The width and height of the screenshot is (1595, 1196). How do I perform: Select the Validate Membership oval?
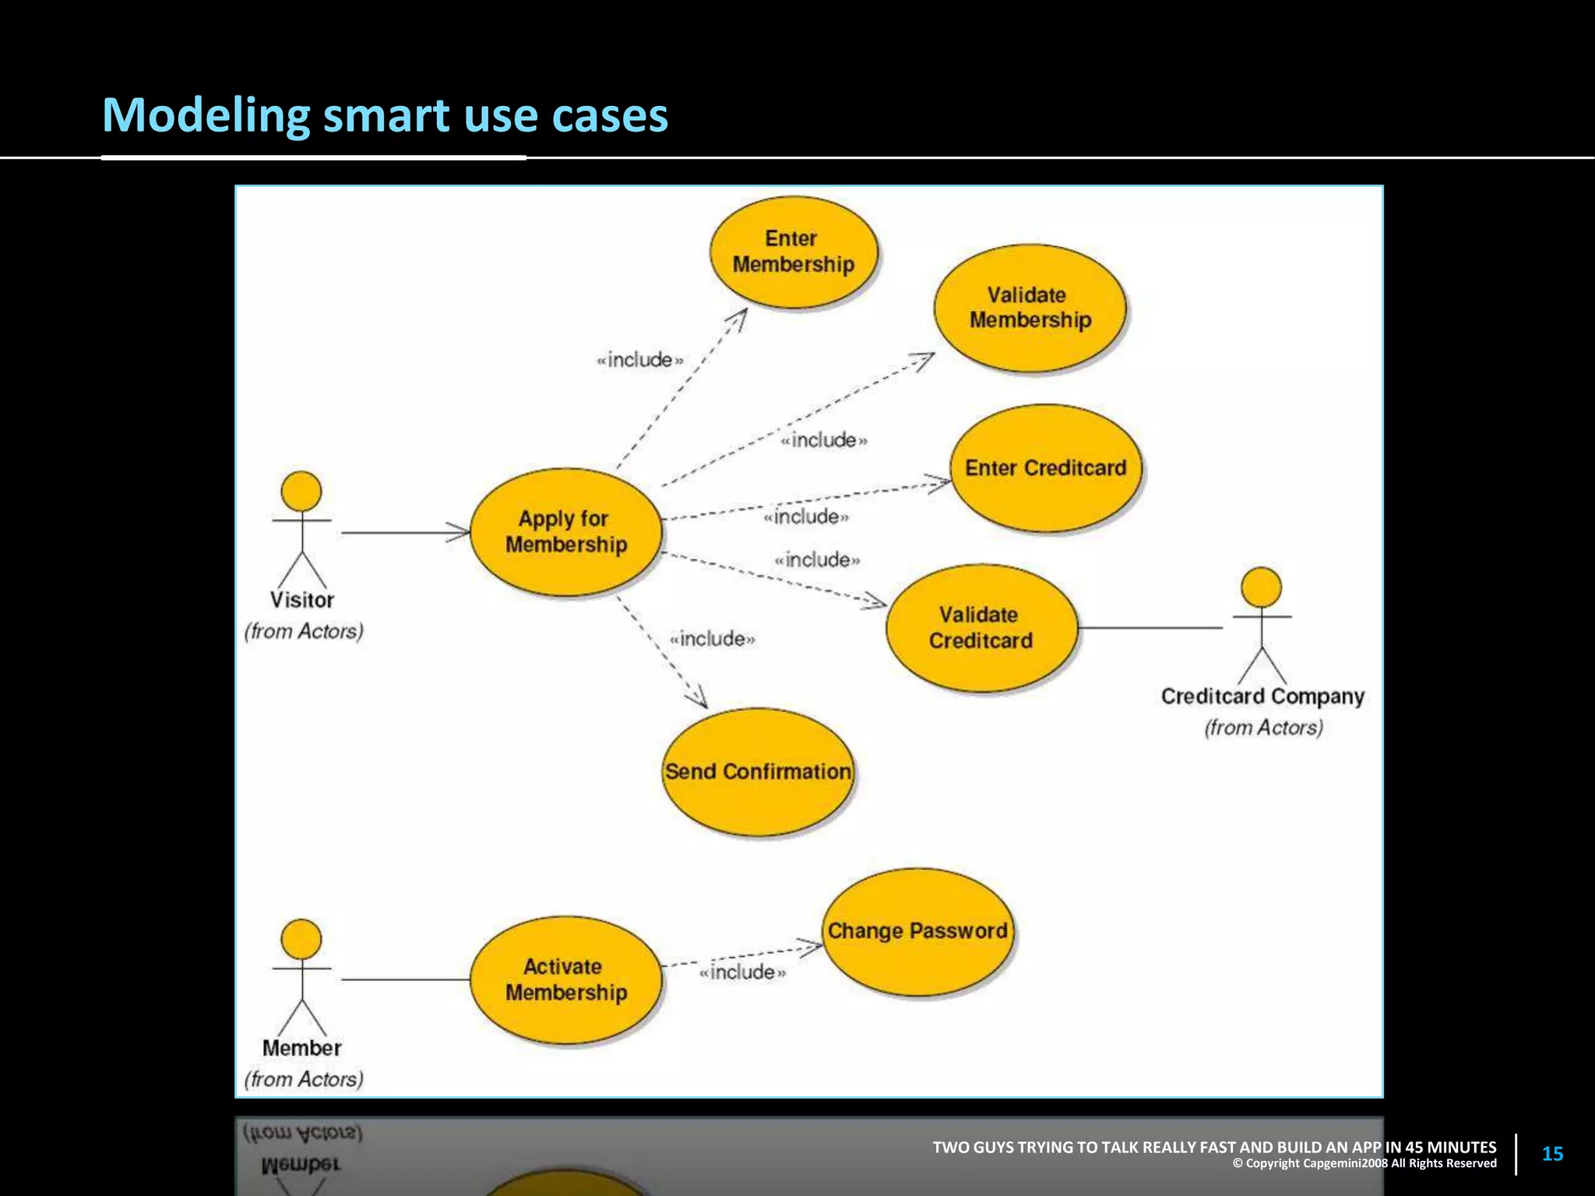[1030, 308]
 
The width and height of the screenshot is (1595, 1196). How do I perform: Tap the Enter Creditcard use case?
[1046, 468]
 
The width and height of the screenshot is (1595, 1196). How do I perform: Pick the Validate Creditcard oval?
[981, 628]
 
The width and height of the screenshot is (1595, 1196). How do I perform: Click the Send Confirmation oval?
[758, 772]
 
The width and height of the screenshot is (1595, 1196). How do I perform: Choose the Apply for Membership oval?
[566, 532]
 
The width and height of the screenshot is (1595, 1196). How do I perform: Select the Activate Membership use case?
[566, 980]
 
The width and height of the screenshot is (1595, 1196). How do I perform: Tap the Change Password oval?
[918, 931]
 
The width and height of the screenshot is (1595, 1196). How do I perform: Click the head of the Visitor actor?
[301, 492]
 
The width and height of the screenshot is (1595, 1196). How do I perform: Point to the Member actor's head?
[301, 939]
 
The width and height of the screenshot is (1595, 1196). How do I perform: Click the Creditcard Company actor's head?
[1262, 588]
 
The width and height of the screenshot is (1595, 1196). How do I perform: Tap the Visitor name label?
[302, 600]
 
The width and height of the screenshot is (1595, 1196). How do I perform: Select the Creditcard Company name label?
[1262, 696]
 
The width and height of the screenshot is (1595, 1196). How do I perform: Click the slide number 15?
[1552, 1154]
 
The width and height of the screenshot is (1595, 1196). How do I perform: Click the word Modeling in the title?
[206, 115]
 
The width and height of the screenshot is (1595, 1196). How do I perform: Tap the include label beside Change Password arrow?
[742, 972]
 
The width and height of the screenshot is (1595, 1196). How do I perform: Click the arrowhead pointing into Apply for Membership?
[460, 533]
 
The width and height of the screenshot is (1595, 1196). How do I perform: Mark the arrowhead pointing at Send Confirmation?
[699, 698]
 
